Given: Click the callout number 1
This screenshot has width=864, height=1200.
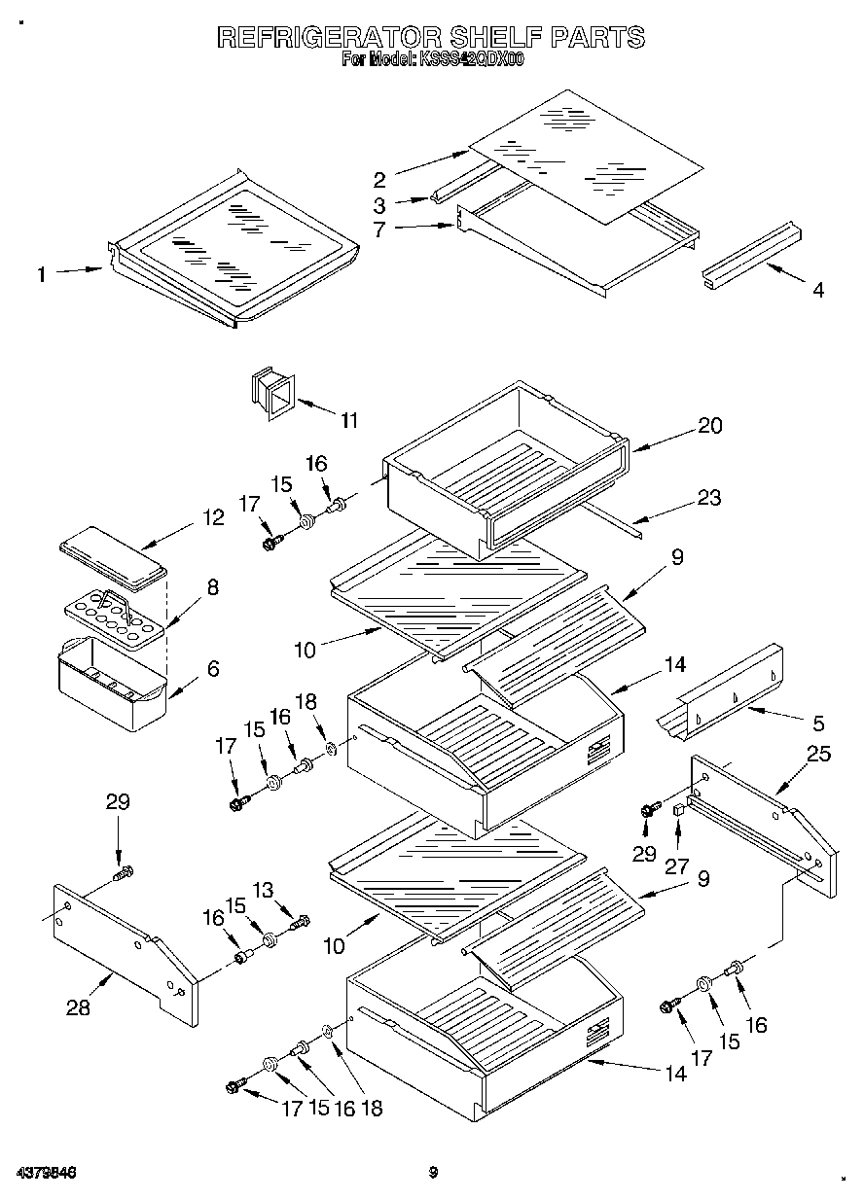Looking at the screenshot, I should [x=41, y=275].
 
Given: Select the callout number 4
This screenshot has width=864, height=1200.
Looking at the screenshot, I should [x=817, y=290].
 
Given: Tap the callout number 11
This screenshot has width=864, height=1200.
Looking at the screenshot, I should [x=348, y=420].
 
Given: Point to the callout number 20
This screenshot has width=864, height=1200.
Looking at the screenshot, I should [x=710, y=425].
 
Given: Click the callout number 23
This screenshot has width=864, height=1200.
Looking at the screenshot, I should [x=709, y=497].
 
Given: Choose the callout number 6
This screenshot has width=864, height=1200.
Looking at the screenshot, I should [x=212, y=668].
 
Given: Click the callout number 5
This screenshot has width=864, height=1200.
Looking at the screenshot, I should [x=817, y=723].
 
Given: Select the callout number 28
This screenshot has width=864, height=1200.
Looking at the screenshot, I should [x=78, y=1008].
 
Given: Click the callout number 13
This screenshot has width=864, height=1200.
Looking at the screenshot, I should [x=291, y=889].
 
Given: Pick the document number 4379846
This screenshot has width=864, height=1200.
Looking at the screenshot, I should [x=48, y=1173].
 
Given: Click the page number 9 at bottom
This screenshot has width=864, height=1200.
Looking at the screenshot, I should [x=434, y=1173].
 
